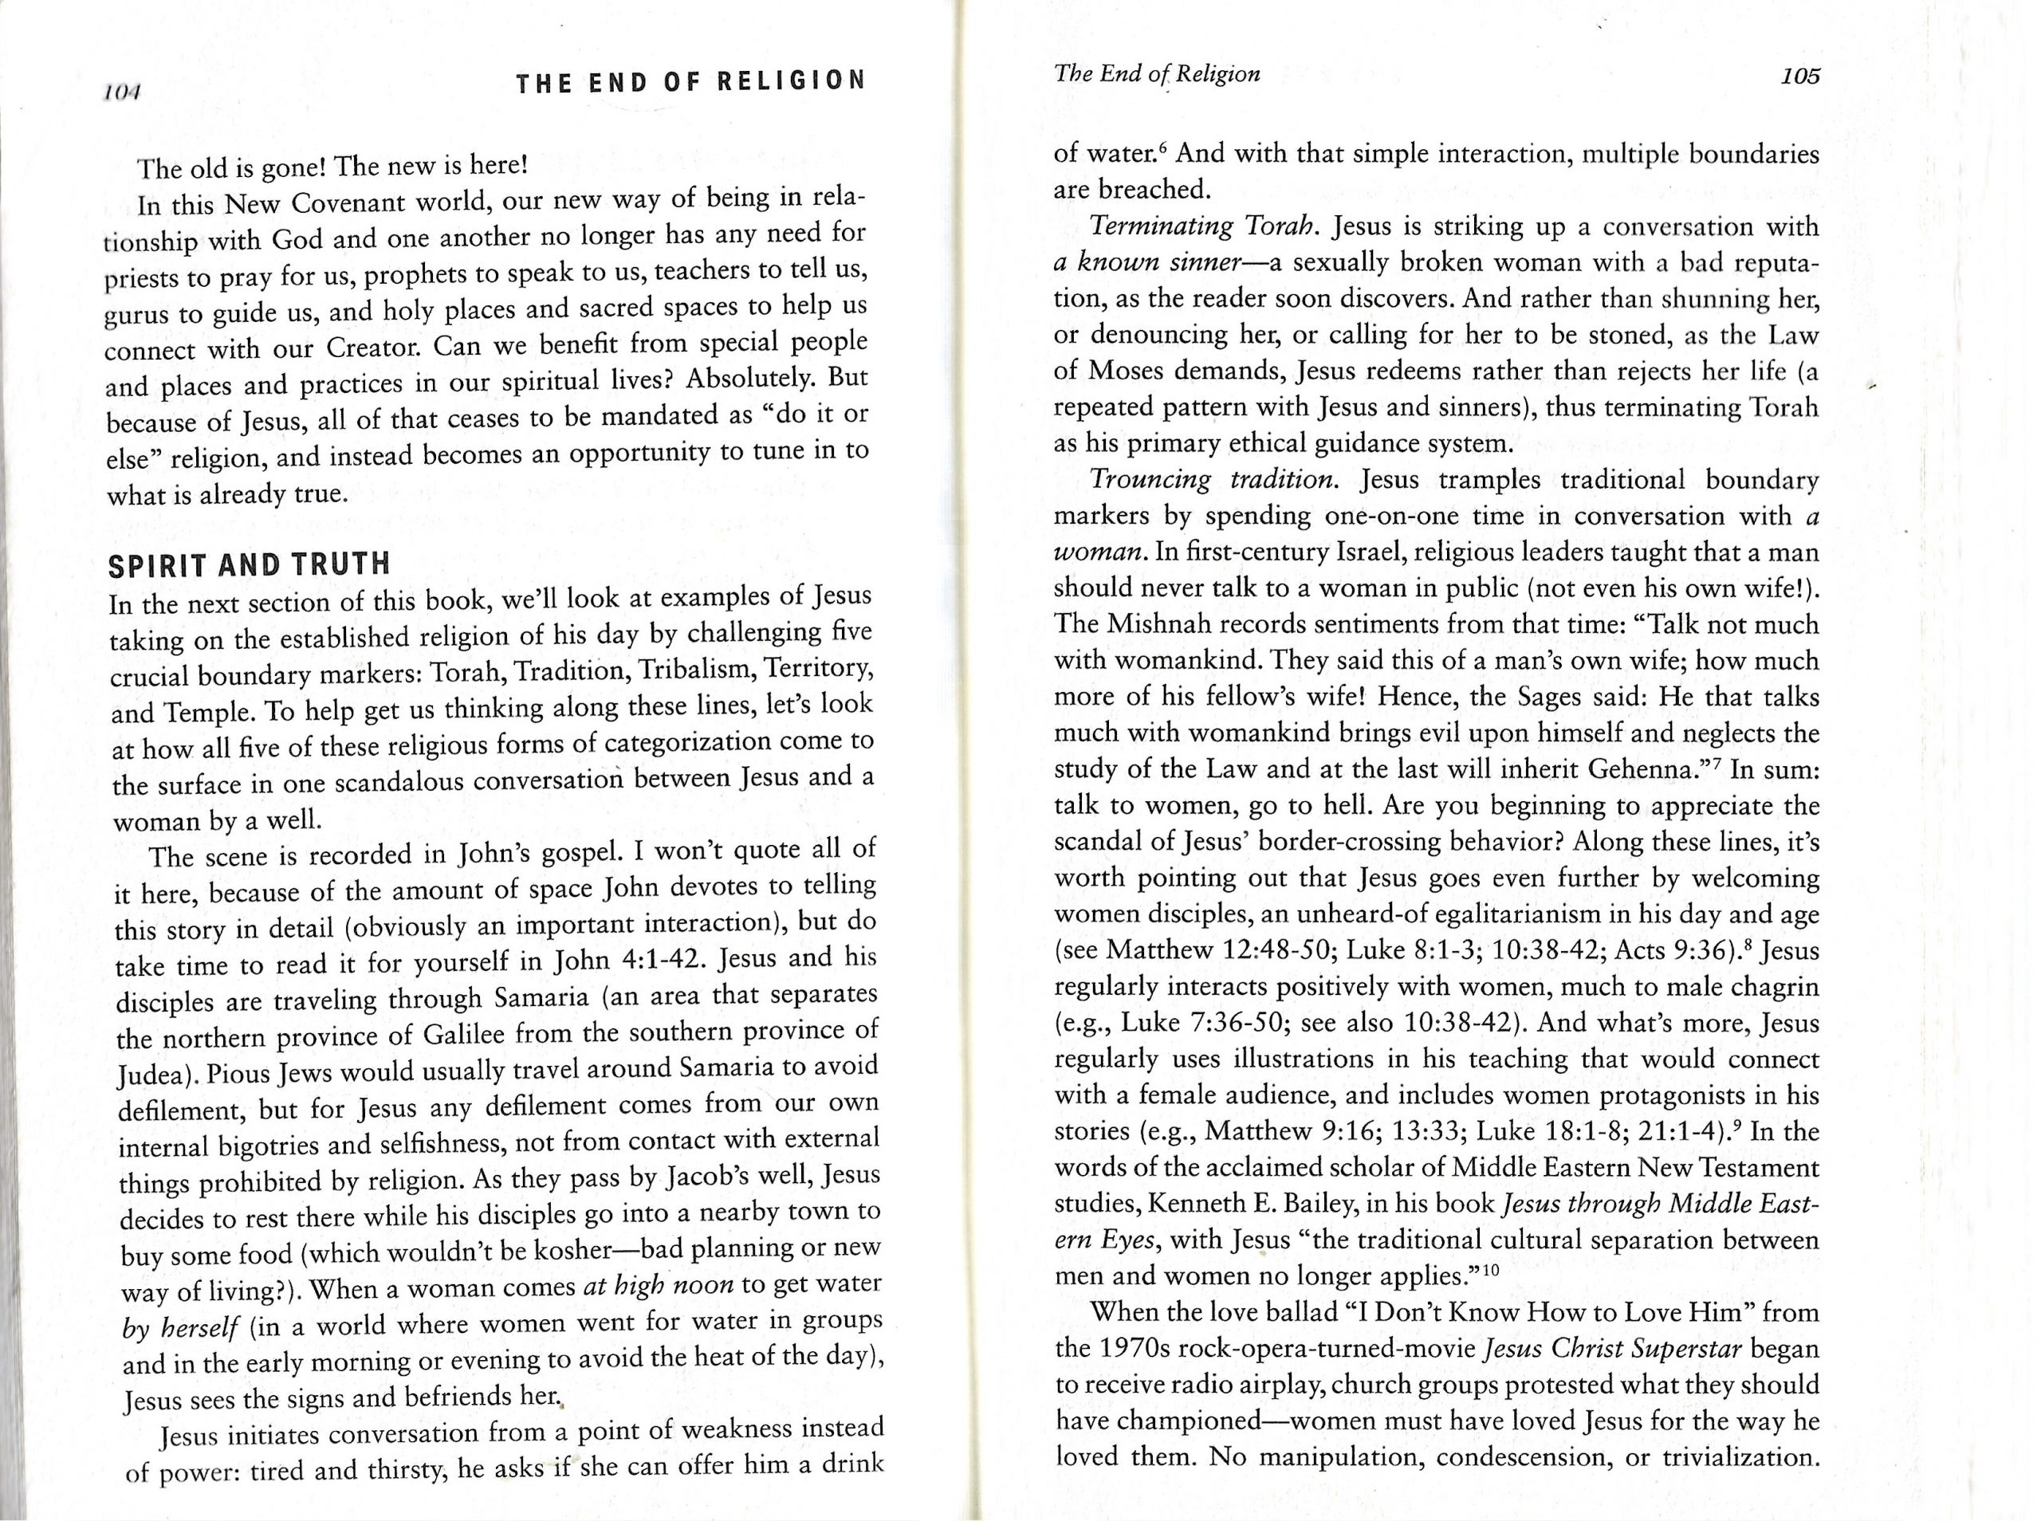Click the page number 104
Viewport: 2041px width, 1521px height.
[120, 92]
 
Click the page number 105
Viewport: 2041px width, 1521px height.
[1799, 77]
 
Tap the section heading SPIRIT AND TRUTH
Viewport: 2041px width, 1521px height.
[249, 564]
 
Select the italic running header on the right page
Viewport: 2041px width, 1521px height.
[1156, 73]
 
